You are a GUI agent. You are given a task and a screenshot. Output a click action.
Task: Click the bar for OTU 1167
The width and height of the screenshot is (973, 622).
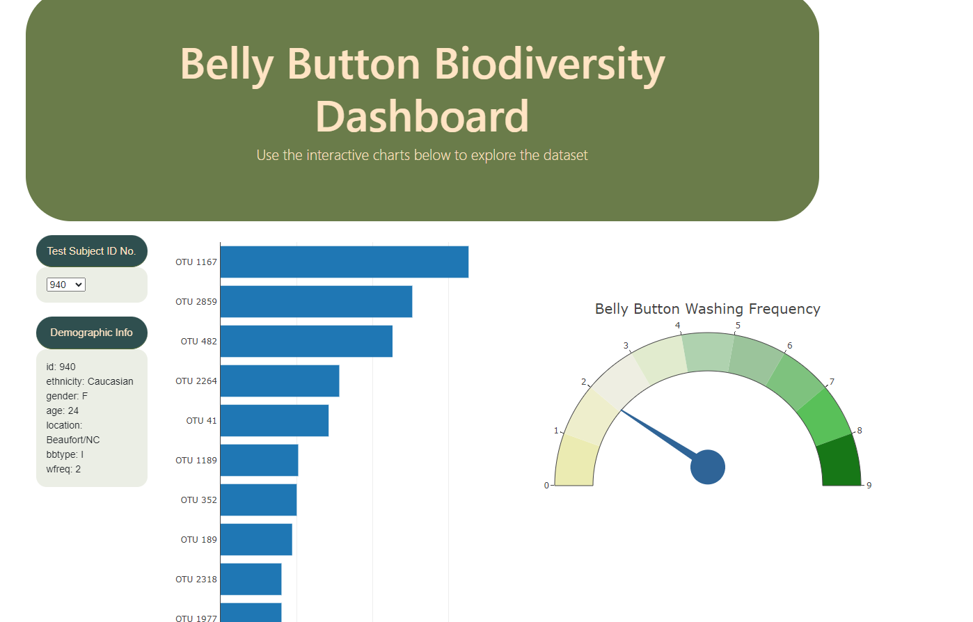(x=344, y=262)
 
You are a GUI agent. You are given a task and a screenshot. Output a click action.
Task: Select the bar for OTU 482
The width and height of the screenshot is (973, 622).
(x=306, y=341)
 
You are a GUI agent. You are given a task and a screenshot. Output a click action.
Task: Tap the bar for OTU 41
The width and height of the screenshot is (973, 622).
(x=274, y=420)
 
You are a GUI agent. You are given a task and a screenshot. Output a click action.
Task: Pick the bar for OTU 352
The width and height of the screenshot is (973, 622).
(x=258, y=500)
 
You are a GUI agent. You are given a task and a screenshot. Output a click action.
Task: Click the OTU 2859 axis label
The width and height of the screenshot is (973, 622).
(x=196, y=302)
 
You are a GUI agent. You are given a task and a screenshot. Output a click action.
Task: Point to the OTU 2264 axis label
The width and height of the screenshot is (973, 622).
(x=196, y=381)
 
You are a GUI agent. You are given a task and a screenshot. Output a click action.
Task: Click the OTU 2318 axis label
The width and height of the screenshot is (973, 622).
(x=196, y=580)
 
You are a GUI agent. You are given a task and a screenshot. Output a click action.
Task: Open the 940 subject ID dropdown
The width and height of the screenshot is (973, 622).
(x=65, y=285)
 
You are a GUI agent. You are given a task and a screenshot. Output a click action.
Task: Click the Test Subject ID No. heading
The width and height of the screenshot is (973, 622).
(x=91, y=251)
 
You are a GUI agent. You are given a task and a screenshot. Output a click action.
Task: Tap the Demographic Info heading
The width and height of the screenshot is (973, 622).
(x=91, y=333)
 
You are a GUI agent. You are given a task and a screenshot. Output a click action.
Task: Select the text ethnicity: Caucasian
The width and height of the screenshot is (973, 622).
(x=90, y=381)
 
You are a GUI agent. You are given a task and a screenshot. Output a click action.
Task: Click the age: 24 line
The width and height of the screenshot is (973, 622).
(x=63, y=410)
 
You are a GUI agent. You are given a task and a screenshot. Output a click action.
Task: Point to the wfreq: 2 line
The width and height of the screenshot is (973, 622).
(x=63, y=469)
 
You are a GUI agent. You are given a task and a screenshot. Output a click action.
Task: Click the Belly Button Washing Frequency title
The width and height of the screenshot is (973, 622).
(x=707, y=309)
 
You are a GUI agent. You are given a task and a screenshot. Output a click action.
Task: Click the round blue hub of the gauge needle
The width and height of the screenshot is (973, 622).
(x=708, y=467)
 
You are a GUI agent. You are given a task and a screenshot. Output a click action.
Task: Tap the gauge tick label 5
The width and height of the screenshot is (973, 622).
(x=738, y=326)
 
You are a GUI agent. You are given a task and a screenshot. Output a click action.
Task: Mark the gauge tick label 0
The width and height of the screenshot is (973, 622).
(x=546, y=486)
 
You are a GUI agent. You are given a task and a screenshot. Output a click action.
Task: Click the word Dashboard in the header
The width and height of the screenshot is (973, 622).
(x=422, y=116)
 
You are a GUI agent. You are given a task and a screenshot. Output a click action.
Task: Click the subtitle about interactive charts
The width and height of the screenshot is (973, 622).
(x=422, y=155)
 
